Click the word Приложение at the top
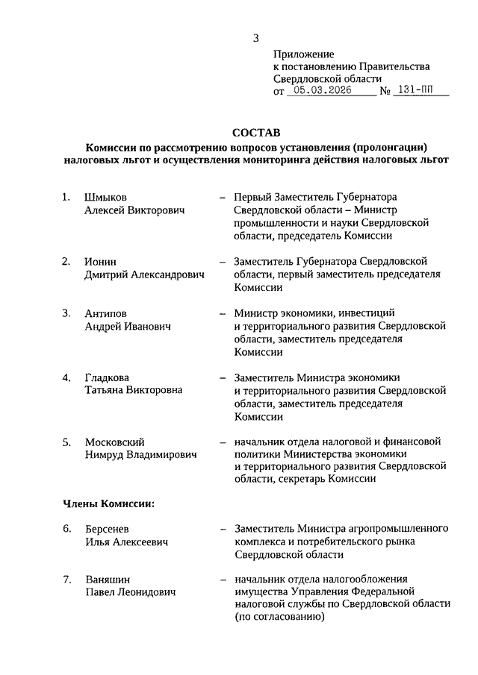(x=304, y=54)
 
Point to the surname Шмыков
(x=106, y=198)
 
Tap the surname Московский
(x=114, y=442)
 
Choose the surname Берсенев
(x=108, y=529)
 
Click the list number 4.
(x=66, y=377)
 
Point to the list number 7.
(x=66, y=580)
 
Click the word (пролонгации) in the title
(x=394, y=148)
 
